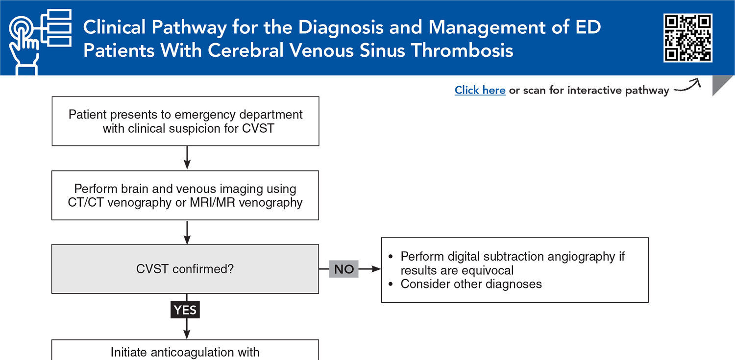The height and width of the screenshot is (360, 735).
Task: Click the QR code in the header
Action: point(687,38)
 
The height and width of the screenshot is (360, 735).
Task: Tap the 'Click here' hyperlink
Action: point(480,90)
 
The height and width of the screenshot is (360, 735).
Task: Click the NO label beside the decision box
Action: point(343,269)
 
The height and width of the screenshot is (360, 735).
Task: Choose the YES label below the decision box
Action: point(185,310)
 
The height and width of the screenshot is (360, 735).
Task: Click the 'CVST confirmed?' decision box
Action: point(185,269)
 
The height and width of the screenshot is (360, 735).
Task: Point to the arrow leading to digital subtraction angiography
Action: point(370,269)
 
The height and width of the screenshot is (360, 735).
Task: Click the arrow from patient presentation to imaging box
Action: point(186,158)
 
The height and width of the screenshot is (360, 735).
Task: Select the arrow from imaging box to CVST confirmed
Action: point(186,232)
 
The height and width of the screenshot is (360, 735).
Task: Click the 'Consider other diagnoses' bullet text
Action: point(471,284)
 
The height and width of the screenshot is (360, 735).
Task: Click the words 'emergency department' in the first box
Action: point(239,115)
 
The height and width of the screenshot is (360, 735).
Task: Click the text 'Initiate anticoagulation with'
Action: point(185,352)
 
